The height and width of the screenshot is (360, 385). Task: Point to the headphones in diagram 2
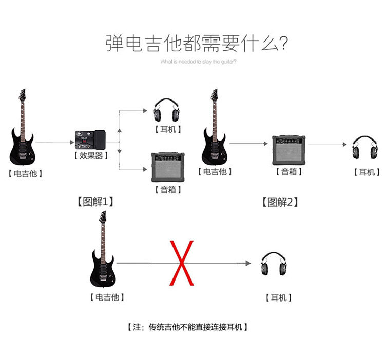tap(363, 149)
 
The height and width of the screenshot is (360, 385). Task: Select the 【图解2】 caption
tap(280, 202)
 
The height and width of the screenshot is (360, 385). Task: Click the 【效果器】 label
tap(91, 155)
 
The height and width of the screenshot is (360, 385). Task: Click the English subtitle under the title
tap(198, 62)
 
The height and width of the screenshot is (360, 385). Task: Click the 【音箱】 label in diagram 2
tap(288, 172)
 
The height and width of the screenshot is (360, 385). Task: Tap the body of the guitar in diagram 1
tap(22, 146)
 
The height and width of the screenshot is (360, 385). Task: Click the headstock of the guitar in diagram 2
tap(215, 95)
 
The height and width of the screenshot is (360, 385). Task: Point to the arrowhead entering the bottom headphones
tap(248, 263)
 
